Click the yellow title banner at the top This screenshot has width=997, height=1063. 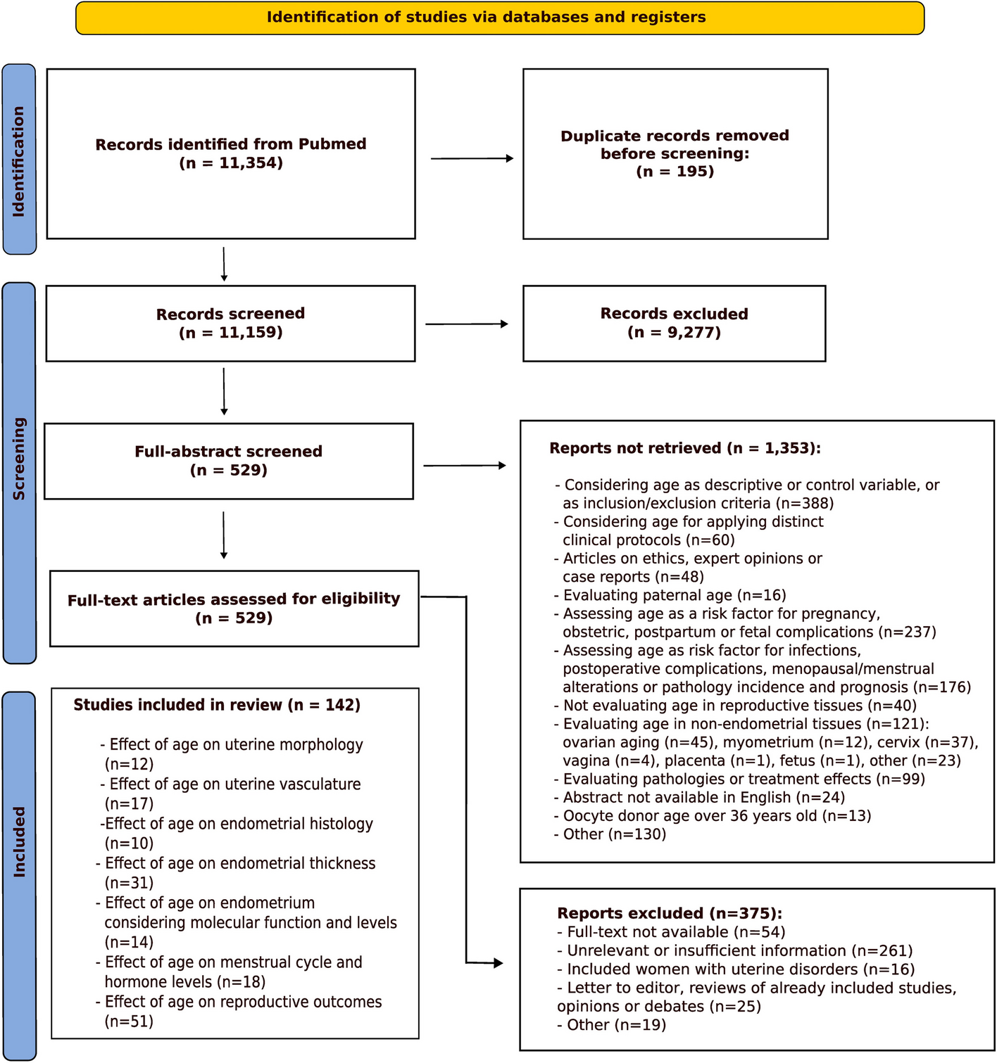[x=499, y=18]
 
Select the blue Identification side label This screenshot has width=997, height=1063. [x=19, y=160]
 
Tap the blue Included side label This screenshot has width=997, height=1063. [x=19, y=875]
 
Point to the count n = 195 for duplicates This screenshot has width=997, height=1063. [x=675, y=172]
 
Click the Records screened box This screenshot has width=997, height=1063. [x=230, y=324]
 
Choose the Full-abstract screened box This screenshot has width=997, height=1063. [x=228, y=462]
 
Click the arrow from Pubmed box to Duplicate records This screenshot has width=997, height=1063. [x=472, y=159]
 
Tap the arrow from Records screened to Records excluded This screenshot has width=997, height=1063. [x=466, y=324]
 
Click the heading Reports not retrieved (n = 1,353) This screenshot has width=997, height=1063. [x=685, y=449]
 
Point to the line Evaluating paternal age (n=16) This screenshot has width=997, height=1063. [x=674, y=596]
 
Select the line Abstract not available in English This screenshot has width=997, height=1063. [x=703, y=798]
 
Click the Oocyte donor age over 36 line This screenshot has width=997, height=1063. [x=717, y=816]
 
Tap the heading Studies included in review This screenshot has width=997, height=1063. [x=217, y=706]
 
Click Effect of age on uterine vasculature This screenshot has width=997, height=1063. [x=235, y=784]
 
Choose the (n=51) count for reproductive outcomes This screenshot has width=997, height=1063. [x=129, y=1021]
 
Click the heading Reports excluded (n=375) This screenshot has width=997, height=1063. [x=670, y=914]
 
